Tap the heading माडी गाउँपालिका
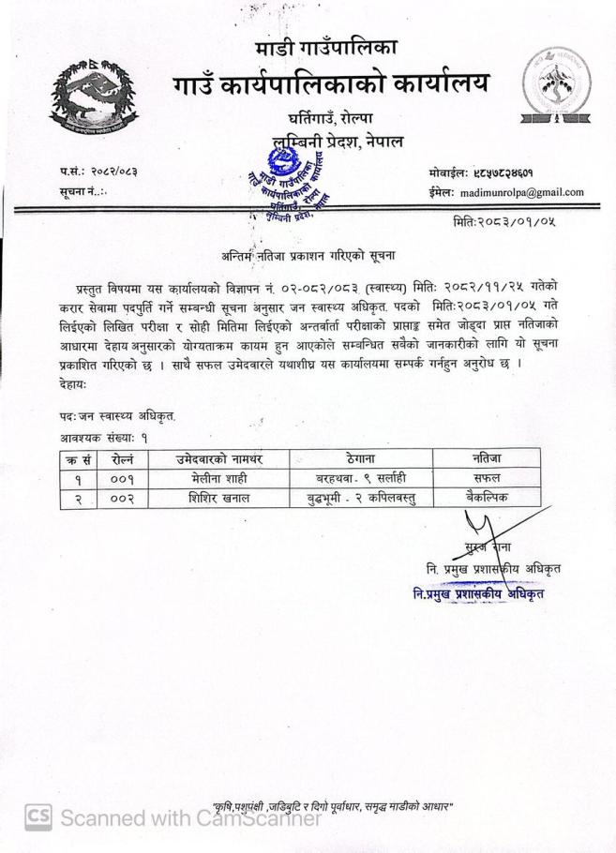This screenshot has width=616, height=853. (325, 48)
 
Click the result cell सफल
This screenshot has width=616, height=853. (487, 477)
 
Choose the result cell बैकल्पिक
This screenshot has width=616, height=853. (487, 498)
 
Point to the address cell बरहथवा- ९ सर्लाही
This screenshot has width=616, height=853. (361, 477)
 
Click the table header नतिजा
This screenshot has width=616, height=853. (487, 457)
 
